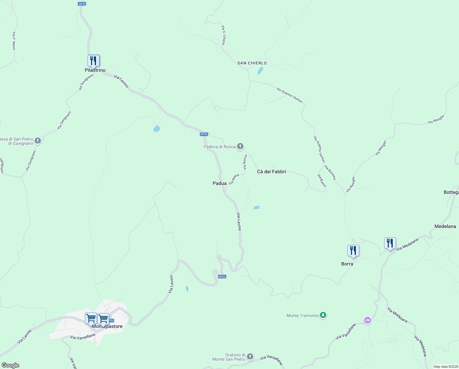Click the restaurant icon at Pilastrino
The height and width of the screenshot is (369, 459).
94,61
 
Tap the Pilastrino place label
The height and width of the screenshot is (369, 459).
95,70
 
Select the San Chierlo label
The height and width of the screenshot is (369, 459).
252,63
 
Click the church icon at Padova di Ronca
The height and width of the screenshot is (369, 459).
240,146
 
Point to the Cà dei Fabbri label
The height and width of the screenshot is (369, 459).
271,172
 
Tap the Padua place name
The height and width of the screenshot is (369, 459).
219,183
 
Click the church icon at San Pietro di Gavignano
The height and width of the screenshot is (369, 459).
38,141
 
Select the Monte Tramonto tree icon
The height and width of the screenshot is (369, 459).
323,315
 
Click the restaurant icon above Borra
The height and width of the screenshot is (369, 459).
353,251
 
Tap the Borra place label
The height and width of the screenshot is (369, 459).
347,264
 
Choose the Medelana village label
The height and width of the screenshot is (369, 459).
445,226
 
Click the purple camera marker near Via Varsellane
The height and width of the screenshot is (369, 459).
367,320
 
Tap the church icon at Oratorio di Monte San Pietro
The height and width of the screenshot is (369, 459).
250,356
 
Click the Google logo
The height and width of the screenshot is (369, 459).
10,365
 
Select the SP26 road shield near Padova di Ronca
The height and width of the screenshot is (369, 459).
204,134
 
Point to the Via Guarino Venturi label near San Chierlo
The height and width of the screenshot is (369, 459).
290,95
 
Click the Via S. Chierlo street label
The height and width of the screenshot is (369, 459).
224,35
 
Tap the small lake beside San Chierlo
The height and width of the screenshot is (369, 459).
260,71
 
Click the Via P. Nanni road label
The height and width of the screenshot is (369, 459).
13,41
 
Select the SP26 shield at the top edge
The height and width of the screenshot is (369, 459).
82,4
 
